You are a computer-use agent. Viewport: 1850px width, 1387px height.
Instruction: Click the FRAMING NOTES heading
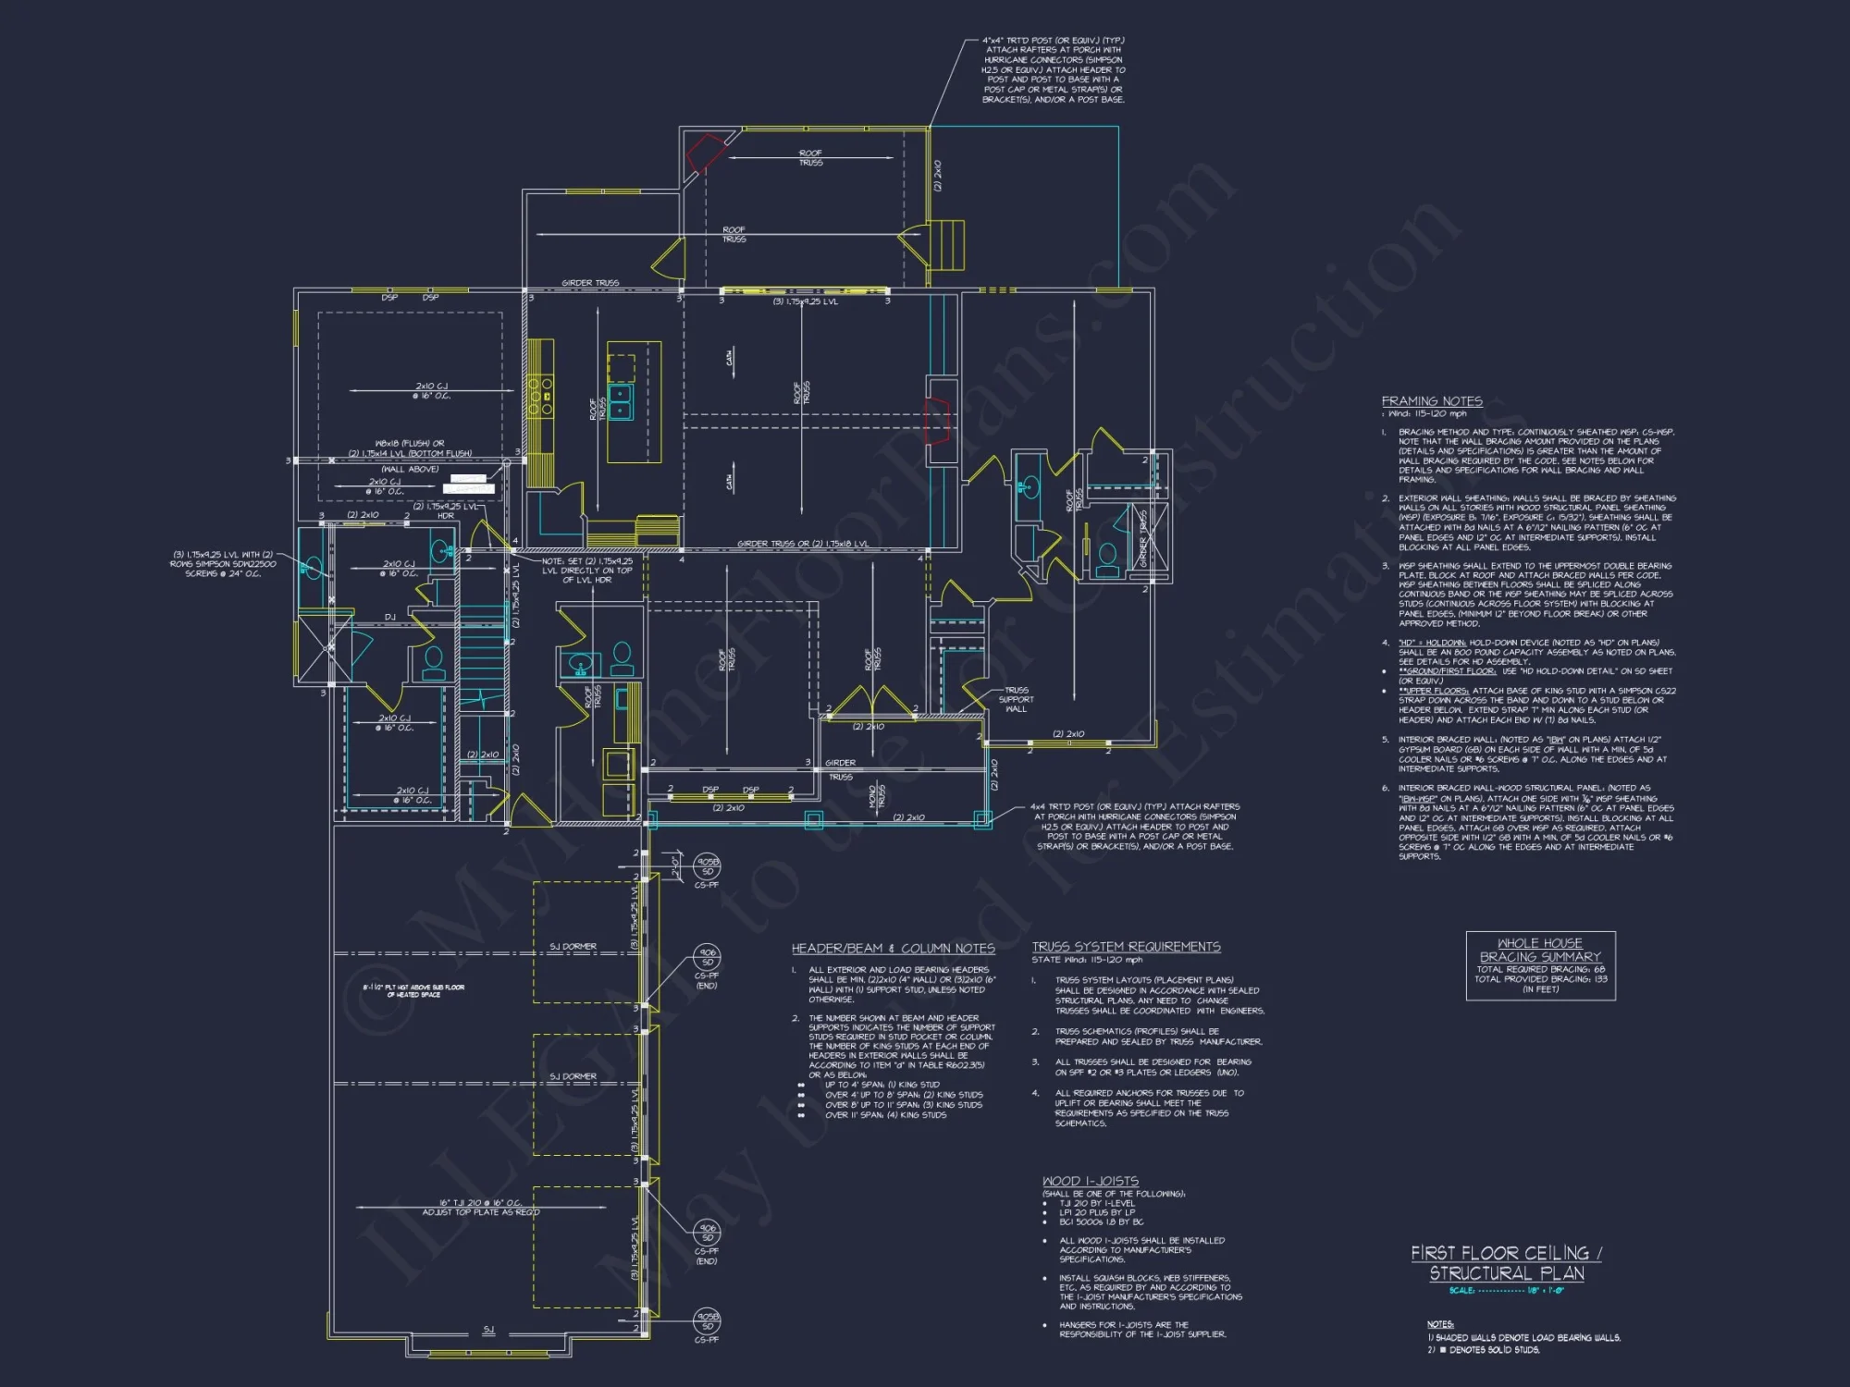click(1431, 400)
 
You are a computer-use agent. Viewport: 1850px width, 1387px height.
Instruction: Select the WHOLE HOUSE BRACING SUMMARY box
click(1540, 965)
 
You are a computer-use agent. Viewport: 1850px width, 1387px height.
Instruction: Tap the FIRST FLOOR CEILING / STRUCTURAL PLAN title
click(1506, 1262)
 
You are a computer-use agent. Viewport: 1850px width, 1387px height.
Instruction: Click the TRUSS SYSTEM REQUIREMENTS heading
click(1126, 947)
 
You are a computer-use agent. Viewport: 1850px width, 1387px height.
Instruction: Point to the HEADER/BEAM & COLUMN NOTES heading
click(893, 948)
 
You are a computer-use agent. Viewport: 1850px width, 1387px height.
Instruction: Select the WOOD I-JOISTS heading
click(1090, 1181)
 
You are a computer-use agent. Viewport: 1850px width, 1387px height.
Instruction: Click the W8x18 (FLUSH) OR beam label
click(409, 443)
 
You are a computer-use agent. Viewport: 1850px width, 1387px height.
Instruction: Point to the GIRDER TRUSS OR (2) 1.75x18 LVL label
click(803, 544)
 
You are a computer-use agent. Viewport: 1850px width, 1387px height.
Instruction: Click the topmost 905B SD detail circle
click(708, 865)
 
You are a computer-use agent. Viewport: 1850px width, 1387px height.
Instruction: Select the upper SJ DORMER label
click(573, 946)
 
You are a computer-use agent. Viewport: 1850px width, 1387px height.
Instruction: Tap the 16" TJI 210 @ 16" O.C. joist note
click(480, 1203)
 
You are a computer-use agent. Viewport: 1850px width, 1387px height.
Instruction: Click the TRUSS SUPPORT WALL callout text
click(1016, 699)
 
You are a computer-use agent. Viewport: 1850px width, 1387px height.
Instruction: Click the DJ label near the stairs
click(389, 617)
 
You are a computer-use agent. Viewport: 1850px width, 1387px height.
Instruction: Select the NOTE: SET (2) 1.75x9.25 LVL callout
click(586, 570)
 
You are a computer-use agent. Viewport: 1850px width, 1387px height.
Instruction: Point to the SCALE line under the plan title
click(1505, 1290)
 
